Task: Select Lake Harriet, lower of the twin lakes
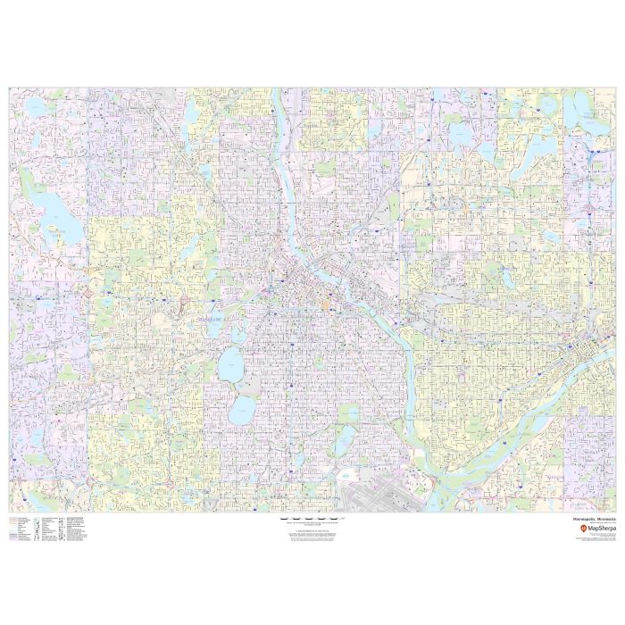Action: pyautogui.click(x=241, y=412)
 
